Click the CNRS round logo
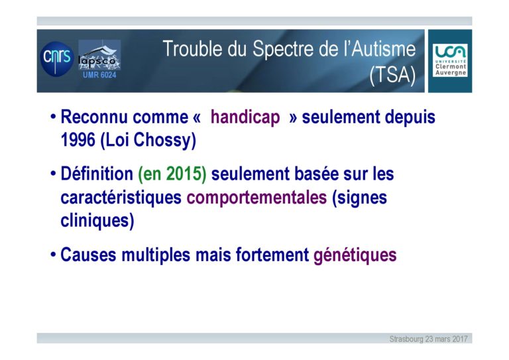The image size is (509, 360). coord(57,59)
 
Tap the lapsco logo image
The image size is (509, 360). coord(99,55)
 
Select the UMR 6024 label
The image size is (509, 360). coord(99,75)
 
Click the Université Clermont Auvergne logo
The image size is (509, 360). coord(450,60)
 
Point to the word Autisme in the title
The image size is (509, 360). coord(383,49)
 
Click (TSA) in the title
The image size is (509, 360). coord(392,76)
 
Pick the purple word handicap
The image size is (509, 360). coord(245,117)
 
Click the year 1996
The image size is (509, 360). coord(78,140)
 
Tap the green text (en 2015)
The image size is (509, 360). coord(172,174)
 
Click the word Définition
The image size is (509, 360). coord(97,173)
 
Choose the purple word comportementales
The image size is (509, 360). coord(256,198)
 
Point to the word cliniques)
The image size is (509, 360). coord(97,221)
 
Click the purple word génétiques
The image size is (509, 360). coord(355,255)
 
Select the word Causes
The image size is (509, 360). coord(88,255)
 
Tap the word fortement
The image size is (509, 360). coord(272,255)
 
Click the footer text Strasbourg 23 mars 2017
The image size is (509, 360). coord(429,339)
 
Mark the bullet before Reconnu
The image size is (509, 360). coord(53,117)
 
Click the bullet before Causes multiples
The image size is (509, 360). coord(53,254)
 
